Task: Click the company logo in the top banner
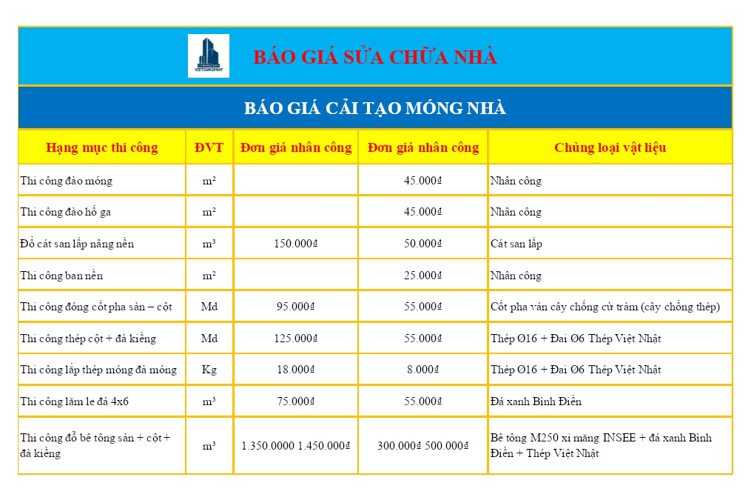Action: click(x=208, y=56)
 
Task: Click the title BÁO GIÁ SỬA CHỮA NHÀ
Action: click(x=375, y=57)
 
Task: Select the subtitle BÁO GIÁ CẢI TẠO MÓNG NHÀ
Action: click(x=375, y=108)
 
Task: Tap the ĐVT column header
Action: click(x=209, y=147)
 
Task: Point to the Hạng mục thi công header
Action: click(x=102, y=147)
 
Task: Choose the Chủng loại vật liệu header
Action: click(x=610, y=147)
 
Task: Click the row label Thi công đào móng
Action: click(x=67, y=181)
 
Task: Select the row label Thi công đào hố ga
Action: click(x=66, y=213)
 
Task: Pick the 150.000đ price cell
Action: click(x=295, y=244)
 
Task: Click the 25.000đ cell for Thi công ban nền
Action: click(x=423, y=276)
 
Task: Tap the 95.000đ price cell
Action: click(x=295, y=307)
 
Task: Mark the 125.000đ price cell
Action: click(x=295, y=339)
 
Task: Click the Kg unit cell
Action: click(x=209, y=370)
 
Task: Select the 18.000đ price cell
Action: click(x=295, y=370)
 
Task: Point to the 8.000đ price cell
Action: click(x=423, y=370)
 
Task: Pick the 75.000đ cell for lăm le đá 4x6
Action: click(x=295, y=401)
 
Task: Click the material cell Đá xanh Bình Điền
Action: click(x=536, y=401)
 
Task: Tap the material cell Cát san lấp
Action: click(x=516, y=244)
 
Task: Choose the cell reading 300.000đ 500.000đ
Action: click(x=423, y=446)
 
